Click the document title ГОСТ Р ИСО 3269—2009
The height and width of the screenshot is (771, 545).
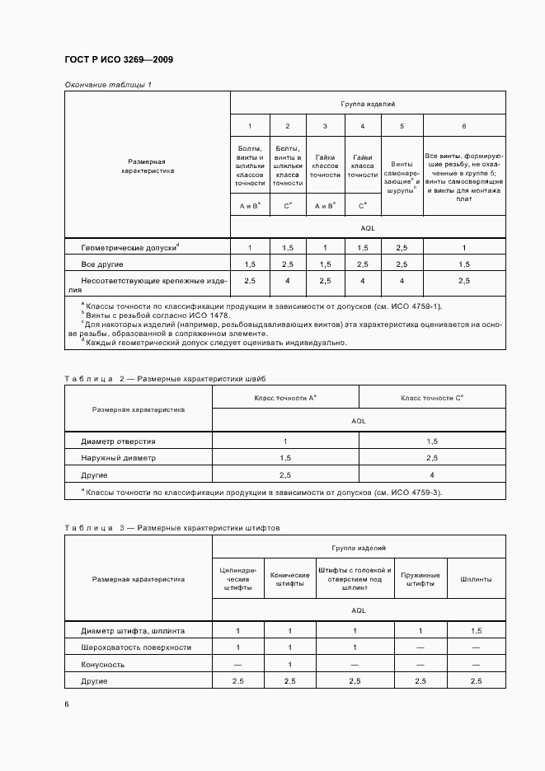(x=118, y=60)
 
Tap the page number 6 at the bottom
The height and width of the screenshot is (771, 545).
(x=67, y=704)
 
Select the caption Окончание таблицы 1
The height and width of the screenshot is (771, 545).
(x=108, y=85)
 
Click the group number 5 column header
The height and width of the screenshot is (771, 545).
(x=402, y=126)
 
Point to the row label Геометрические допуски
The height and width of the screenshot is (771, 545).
(x=129, y=247)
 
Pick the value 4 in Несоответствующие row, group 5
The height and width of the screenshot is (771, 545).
(x=402, y=281)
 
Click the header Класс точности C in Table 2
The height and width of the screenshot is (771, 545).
(x=432, y=398)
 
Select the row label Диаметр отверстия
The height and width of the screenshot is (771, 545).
(x=118, y=442)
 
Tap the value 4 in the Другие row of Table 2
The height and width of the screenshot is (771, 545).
(x=432, y=475)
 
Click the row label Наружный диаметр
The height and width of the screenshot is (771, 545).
(x=118, y=458)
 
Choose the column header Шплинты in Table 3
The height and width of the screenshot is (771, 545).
(x=476, y=579)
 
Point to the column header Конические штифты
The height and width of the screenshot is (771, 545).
(x=290, y=579)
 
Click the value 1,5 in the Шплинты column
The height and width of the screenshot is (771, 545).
(x=476, y=631)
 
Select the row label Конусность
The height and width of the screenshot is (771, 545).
(x=103, y=664)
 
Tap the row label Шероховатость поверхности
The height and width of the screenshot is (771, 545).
(x=136, y=647)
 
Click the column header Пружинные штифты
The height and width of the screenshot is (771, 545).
(x=420, y=579)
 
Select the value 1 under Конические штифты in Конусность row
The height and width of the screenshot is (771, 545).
(x=290, y=664)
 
